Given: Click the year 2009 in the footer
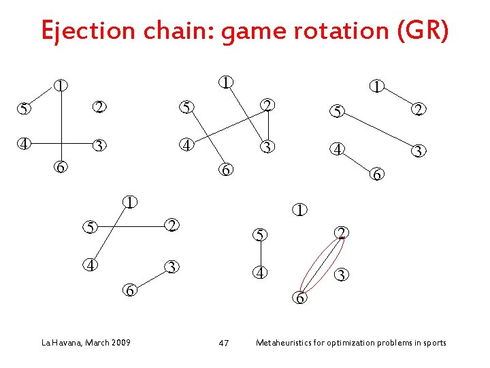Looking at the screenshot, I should pyautogui.click(x=122, y=342).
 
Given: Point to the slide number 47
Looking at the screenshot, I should pyautogui.click(x=223, y=343).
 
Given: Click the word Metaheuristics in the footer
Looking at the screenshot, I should pyautogui.click(x=280, y=342).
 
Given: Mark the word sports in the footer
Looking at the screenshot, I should pyautogui.click(x=434, y=342).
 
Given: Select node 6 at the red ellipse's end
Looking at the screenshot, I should pyautogui.click(x=300, y=298).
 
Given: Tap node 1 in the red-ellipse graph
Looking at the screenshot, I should pyautogui.click(x=299, y=209).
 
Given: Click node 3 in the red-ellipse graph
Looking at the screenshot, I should pyautogui.click(x=342, y=275).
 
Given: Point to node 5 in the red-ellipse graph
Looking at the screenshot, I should pyautogui.click(x=259, y=236).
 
